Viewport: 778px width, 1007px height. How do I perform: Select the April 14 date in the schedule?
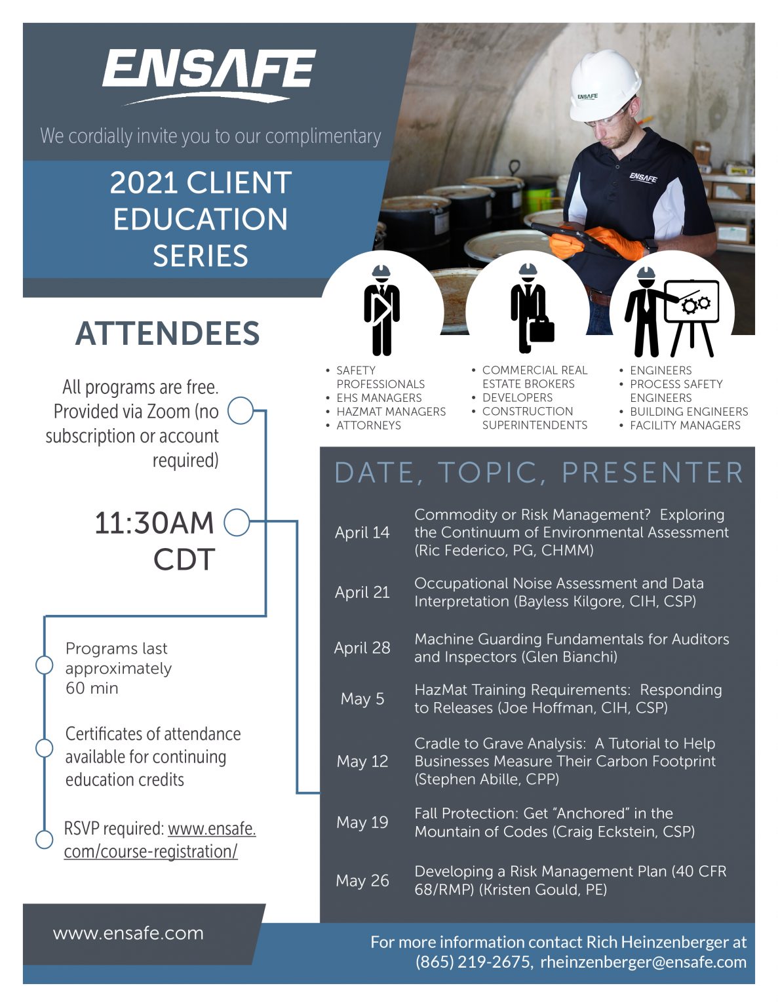362,532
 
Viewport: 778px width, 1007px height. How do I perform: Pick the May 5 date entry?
362,699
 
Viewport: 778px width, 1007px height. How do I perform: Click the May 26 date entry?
362,880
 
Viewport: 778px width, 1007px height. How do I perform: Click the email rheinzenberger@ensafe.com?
643,962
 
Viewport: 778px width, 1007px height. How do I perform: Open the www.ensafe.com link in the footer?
128,933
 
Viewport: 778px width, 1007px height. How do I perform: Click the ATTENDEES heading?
168,334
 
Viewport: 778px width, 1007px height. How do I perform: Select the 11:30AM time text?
155,523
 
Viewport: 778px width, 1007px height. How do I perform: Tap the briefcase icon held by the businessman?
541,329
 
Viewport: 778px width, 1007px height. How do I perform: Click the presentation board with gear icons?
691,302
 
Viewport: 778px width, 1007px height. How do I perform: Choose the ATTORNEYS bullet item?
368,425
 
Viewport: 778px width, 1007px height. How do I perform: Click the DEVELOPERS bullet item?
517,398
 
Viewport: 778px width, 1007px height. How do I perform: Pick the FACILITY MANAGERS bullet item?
685,425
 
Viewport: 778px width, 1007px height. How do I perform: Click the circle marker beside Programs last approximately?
44,665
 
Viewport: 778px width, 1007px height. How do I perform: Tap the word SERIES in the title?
201,256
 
